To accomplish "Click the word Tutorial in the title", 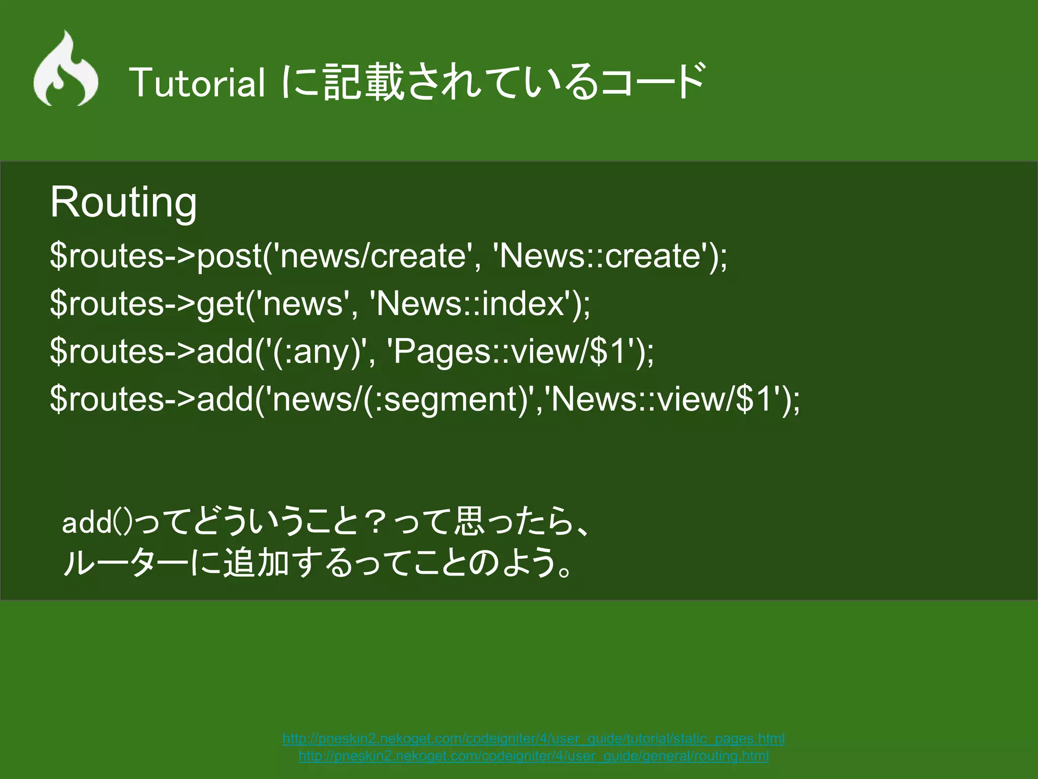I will click(197, 83).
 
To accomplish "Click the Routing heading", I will click(123, 202).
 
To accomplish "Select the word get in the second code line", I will click(220, 304).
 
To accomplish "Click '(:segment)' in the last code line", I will click(446, 399).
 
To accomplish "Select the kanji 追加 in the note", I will click(256, 563).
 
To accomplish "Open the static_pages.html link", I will click(533, 738).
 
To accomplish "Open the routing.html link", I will click(533, 756).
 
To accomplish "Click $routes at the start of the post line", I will click(106, 256).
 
